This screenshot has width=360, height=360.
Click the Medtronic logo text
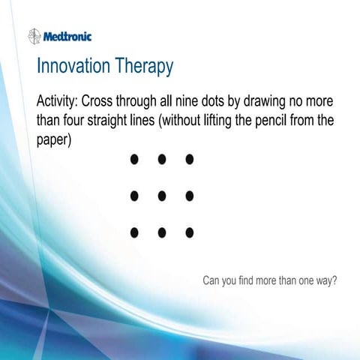coord(67,35)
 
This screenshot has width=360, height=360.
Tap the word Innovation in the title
coord(73,66)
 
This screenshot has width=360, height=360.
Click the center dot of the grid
coord(161,196)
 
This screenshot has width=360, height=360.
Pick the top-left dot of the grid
coord(134,159)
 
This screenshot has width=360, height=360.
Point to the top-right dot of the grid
coord(189,159)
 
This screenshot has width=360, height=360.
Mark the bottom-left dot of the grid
coord(134,232)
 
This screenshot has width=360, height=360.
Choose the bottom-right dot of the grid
coord(189,232)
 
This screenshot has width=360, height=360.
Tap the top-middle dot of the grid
coord(161,159)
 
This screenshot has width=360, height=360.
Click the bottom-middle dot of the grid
coord(161,232)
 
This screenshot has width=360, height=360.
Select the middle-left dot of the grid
coord(134,196)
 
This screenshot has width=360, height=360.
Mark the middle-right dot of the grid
coord(189,196)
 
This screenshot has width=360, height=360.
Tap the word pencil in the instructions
coord(266,121)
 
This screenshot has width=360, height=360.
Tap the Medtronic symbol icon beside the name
coord(34,35)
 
